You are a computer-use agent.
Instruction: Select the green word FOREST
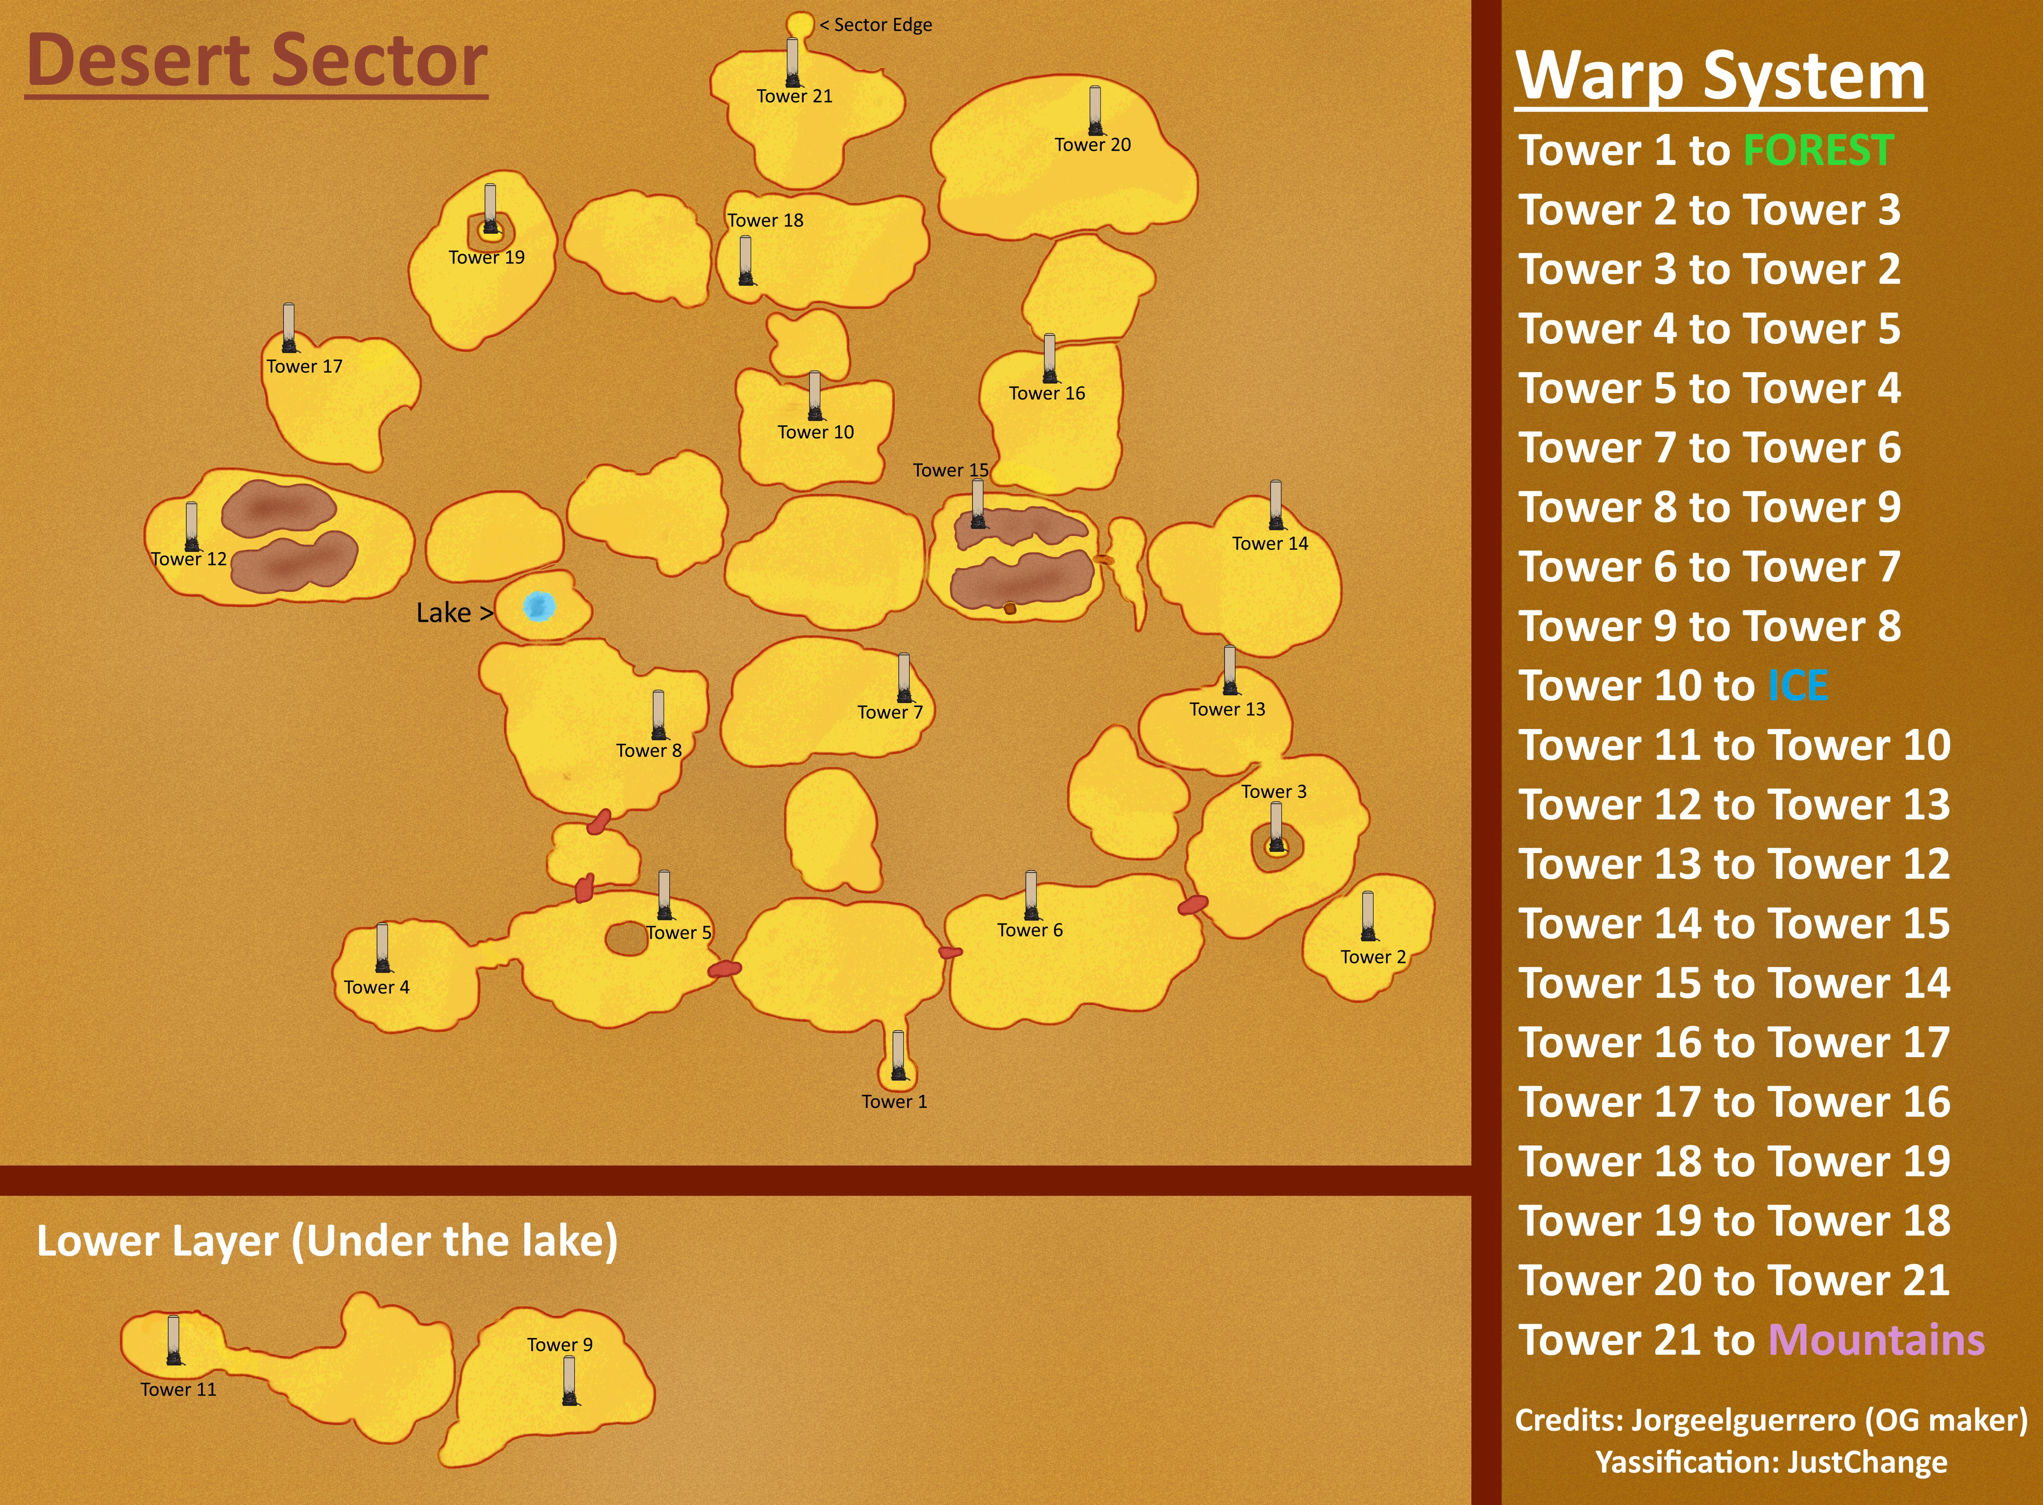click(x=1818, y=150)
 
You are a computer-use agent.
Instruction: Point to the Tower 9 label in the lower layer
click(x=559, y=1345)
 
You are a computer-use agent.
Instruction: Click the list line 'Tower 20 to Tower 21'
click(x=1733, y=1281)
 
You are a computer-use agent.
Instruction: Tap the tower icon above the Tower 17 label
click(x=289, y=328)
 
